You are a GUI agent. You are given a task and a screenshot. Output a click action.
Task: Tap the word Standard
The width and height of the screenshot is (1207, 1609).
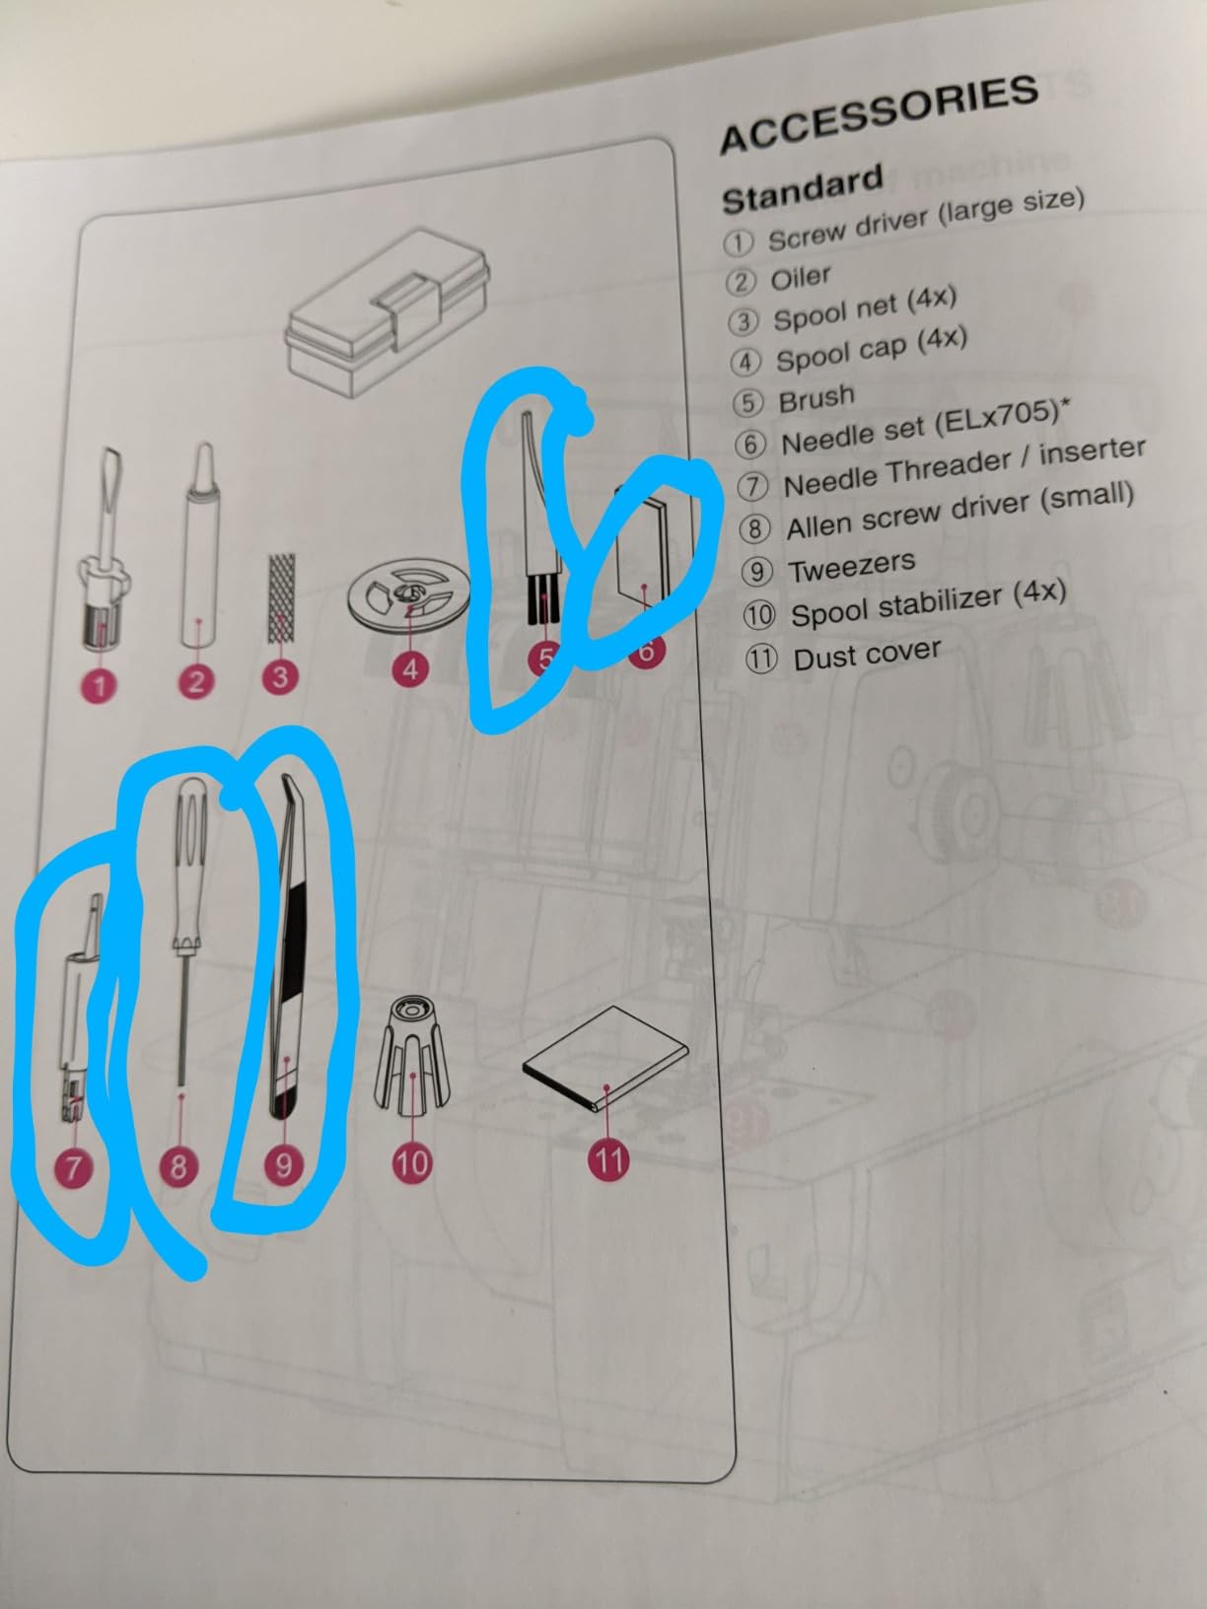pyautogui.click(x=803, y=189)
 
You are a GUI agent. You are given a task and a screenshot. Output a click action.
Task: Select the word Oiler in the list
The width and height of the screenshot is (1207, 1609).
pyautogui.click(x=801, y=278)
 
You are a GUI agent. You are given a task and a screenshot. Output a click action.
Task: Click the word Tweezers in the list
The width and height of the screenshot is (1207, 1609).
pyautogui.click(x=852, y=565)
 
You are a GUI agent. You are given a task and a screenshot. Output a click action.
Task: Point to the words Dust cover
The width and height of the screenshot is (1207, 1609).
pyautogui.click(x=867, y=655)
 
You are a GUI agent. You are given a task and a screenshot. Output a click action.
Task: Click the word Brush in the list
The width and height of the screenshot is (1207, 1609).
pyautogui.click(x=816, y=398)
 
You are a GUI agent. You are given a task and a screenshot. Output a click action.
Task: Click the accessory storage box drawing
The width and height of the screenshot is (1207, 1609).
pyautogui.click(x=387, y=313)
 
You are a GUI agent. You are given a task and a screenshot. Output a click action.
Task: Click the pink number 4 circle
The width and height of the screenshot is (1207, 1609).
pyautogui.click(x=410, y=668)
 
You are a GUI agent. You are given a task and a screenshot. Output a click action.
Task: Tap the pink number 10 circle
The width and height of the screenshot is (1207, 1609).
pyautogui.click(x=411, y=1162)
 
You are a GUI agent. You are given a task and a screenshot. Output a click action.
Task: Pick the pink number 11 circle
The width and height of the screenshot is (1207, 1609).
pyautogui.click(x=608, y=1159)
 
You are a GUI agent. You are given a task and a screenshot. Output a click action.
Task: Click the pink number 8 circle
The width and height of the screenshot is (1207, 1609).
pyautogui.click(x=178, y=1164)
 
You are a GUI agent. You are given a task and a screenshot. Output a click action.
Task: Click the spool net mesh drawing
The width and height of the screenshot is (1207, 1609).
pyautogui.click(x=281, y=598)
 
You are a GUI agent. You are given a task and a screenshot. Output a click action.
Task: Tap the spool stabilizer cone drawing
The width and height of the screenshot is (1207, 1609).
pyautogui.click(x=412, y=1055)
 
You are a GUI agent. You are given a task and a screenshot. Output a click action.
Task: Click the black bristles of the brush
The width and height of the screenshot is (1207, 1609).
pyautogui.click(x=544, y=597)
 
